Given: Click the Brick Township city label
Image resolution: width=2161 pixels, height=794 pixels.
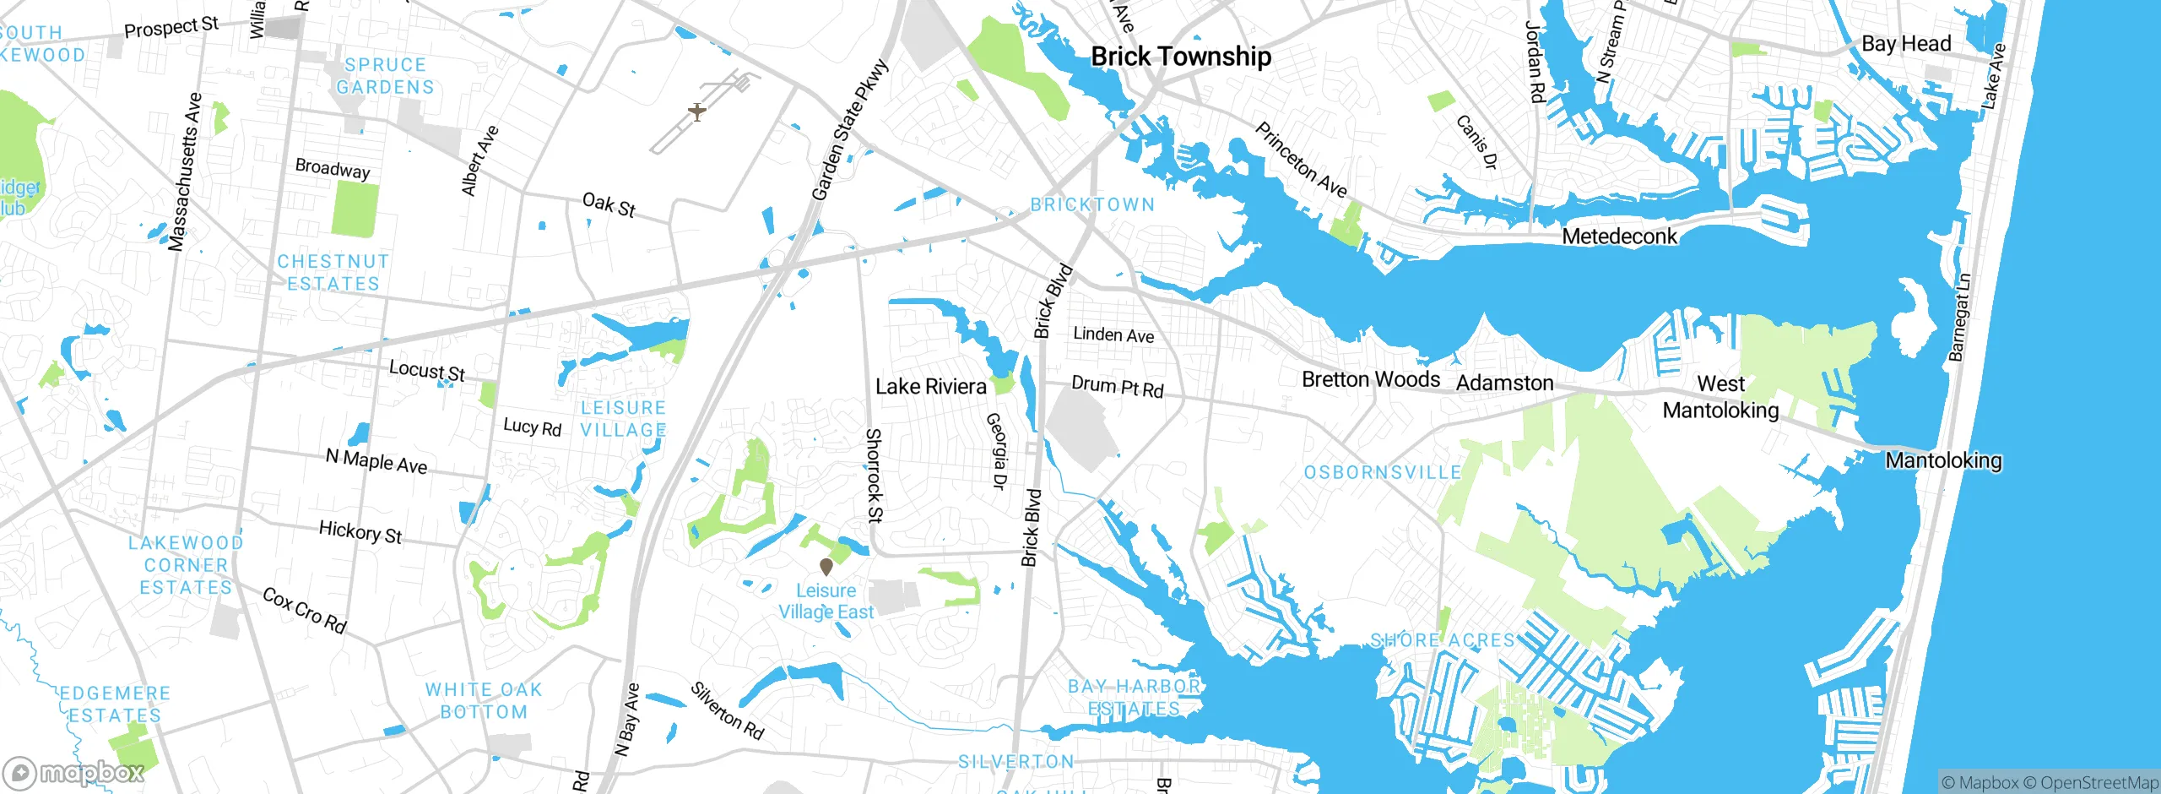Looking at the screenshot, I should click(1180, 57).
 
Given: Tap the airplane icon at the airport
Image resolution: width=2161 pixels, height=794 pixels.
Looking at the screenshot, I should click(696, 111).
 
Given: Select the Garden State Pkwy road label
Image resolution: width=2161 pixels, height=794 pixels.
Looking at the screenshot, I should click(849, 129).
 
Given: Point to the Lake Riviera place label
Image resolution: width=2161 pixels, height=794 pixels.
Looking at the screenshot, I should click(930, 387).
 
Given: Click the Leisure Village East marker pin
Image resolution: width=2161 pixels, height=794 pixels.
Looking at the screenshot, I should click(826, 567).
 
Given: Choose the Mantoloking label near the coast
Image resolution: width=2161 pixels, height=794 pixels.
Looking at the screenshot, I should click(1943, 460).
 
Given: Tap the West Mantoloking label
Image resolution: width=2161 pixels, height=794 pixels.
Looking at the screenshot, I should click(1720, 397).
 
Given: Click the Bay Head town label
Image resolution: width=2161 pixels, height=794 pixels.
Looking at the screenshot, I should click(1906, 44).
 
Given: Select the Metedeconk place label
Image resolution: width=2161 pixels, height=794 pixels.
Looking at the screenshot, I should click(1619, 237).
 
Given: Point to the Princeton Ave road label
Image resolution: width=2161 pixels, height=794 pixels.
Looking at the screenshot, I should click(1300, 160).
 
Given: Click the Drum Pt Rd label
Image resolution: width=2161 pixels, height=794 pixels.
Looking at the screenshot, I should click(1117, 387).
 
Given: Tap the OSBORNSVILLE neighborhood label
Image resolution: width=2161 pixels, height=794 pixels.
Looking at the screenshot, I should click(1382, 472).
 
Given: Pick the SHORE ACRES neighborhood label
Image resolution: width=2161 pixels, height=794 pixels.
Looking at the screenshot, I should click(1442, 640).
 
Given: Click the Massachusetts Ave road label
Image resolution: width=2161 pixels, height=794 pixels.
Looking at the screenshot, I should click(185, 172).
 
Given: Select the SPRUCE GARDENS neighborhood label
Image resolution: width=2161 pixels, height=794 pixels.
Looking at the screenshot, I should click(385, 76).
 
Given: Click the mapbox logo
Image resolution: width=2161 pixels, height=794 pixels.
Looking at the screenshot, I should click(74, 772).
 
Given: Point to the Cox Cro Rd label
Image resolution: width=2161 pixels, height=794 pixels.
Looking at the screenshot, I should click(304, 610).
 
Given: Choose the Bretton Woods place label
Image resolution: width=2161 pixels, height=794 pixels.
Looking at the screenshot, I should click(1370, 379).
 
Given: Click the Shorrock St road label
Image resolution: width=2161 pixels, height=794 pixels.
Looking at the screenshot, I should click(874, 475).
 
